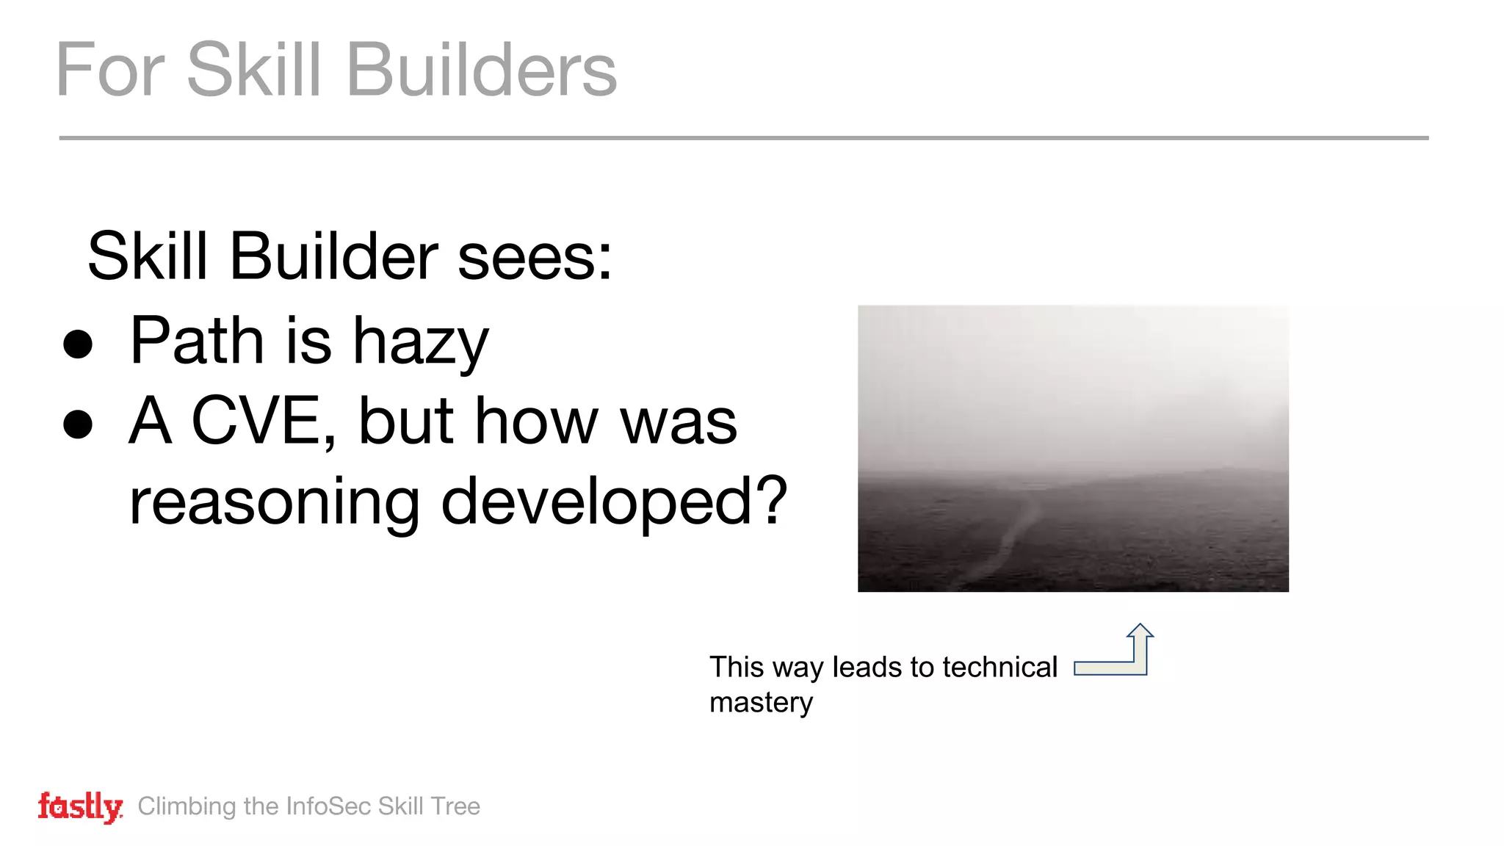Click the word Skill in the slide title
tap(254, 70)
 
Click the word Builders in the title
tap(481, 70)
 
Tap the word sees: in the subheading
tap(535, 257)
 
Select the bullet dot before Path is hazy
tap(78, 344)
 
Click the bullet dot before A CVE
tap(78, 424)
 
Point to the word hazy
tap(420, 342)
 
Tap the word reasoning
tap(274, 504)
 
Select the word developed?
tap(614, 502)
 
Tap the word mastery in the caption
tap(761, 703)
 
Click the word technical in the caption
tap(999, 668)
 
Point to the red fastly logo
tap(80, 807)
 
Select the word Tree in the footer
tap(455, 806)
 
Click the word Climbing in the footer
tap(187, 807)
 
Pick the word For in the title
tap(110, 70)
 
